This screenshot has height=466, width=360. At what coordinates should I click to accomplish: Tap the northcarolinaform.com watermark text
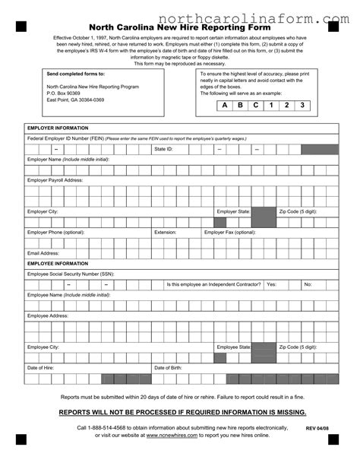coord(254,17)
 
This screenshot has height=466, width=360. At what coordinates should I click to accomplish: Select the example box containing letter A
coord(224,105)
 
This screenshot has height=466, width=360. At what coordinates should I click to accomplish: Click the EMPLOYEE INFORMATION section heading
coord(58,264)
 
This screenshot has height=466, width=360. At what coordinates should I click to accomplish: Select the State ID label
coord(163,150)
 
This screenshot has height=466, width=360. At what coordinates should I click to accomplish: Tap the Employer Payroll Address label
coord(55,180)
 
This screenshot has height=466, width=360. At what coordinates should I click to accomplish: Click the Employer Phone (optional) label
coord(56,232)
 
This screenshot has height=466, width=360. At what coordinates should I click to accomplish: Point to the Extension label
coord(165,232)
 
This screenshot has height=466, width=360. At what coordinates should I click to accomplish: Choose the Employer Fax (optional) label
coord(230,232)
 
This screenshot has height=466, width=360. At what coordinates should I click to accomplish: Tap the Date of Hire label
coord(41,367)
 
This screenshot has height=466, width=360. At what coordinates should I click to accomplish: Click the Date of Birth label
coord(168,367)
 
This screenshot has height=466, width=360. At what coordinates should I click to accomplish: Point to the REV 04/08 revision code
coord(317,429)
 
